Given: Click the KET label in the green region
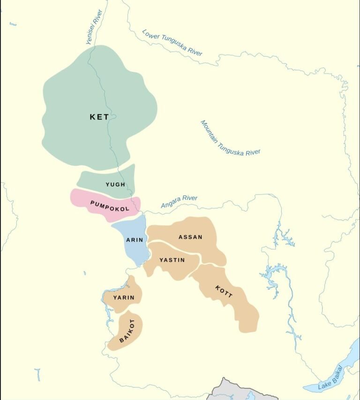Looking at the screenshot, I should tap(99, 117).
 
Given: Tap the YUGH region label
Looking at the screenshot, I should tap(115, 184).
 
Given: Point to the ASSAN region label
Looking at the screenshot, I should tap(190, 237).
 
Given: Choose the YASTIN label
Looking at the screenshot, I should tap(172, 260).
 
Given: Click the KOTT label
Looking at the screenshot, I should tap(224, 294).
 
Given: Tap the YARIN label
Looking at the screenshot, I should tap(124, 297).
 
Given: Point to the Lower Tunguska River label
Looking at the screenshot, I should tap(172, 43).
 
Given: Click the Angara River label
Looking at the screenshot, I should tap(179, 202).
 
